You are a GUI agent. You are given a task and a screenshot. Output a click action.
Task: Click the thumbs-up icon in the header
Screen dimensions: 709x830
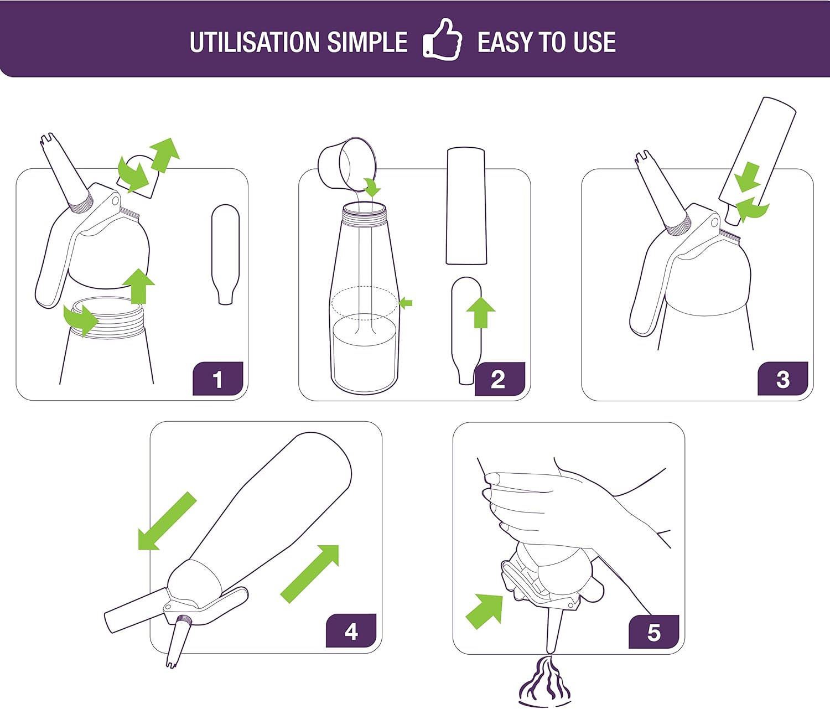coord(443,40)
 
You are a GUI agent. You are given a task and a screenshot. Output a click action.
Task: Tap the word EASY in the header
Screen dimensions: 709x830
coord(504,43)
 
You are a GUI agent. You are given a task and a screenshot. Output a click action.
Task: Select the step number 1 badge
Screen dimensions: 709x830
coord(218,379)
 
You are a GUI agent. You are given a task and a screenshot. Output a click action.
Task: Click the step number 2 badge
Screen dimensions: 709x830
coord(499,379)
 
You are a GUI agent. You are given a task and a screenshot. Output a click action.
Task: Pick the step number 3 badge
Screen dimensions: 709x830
coord(782,379)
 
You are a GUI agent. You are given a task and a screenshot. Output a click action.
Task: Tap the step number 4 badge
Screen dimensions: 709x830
coord(351,632)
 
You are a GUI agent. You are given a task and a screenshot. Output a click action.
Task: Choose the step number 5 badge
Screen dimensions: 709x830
coord(653,632)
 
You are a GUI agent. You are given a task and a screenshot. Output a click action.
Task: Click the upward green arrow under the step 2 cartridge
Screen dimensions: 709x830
coord(480,312)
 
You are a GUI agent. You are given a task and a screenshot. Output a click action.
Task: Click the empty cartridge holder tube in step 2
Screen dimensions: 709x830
coord(466,205)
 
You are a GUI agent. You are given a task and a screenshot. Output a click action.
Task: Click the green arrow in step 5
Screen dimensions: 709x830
coord(485,610)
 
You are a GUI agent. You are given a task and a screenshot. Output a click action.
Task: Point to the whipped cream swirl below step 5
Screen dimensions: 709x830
coord(545,684)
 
